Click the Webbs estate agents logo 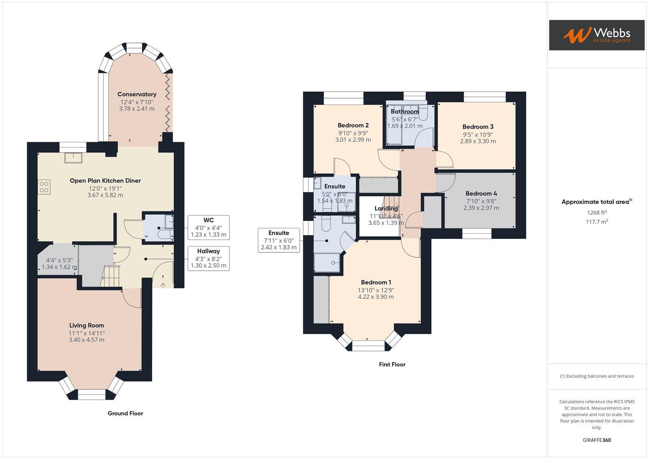[596, 35]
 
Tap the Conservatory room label [137, 94]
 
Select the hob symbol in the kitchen [44, 187]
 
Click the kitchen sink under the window [74, 158]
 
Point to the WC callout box [208, 227]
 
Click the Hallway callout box [208, 258]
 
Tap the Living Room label [87, 326]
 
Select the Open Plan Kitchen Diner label [105, 181]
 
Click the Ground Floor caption [125, 413]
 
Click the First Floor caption [392, 364]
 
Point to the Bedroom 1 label [376, 282]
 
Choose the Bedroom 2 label [353, 125]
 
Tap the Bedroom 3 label [478, 127]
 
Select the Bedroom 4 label [481, 193]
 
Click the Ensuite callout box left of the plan [279, 240]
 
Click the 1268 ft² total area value [597, 212]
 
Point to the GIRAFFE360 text [597, 440]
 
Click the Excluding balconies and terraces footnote [597, 376]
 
